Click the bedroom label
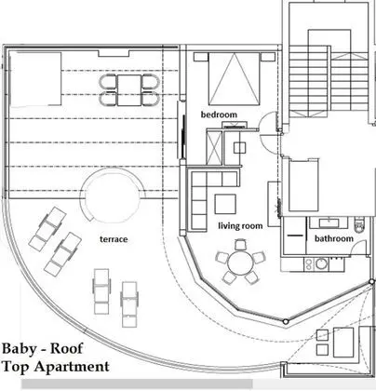[x=220, y=115]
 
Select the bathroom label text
[x=333, y=239]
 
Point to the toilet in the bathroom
[x=360, y=224]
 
